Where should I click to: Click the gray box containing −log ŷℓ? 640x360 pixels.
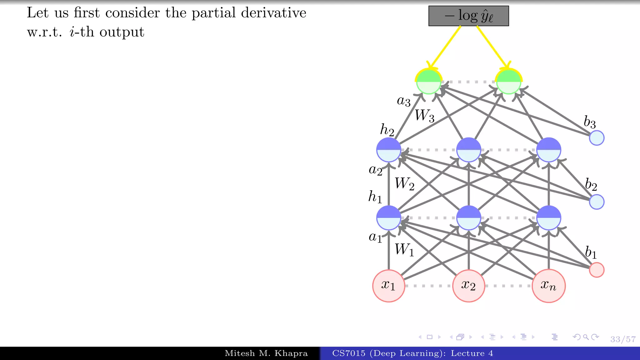468,16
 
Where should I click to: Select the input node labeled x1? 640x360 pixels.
388,286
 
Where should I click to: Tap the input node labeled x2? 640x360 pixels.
468,286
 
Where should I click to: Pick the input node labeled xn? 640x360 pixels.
548,286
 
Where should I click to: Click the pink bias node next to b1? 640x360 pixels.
597,270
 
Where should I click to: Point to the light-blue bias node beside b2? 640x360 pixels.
597,202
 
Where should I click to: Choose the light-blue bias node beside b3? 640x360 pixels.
597,138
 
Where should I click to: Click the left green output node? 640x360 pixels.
428,82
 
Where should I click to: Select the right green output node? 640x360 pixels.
508,82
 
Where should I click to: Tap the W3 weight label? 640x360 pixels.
424,115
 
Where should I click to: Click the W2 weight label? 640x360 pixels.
404,183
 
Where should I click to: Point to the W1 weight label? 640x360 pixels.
404,250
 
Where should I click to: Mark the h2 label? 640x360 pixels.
387,130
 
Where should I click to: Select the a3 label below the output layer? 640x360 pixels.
403,101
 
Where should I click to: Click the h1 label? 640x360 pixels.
375,197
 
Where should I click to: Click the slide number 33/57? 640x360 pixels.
623,339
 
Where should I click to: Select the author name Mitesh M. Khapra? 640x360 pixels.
266,353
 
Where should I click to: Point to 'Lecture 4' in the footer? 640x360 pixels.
472,353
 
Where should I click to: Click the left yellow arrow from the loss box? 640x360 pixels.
445,47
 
